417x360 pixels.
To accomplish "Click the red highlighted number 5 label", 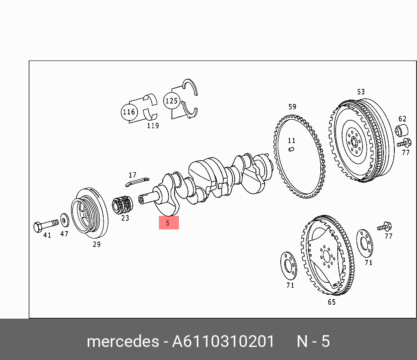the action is pos(168,223).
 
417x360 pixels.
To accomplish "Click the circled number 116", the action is pos(129,112).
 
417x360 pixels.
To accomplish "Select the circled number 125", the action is pos(172,101).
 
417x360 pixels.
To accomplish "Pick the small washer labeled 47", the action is pos(64,220).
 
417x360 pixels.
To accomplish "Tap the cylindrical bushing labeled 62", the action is pos(402,130).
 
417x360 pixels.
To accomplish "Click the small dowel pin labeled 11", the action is pos(291,150).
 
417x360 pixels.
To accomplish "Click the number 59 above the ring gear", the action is pos(292,107).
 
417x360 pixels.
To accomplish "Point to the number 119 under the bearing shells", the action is pos(152,125).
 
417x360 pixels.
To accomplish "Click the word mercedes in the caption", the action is pos(123,342).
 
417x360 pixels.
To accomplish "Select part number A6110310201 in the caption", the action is pos(223,342).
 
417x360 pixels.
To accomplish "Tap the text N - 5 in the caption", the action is pos(313,342).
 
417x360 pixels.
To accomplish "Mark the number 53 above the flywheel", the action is pos(361,92).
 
